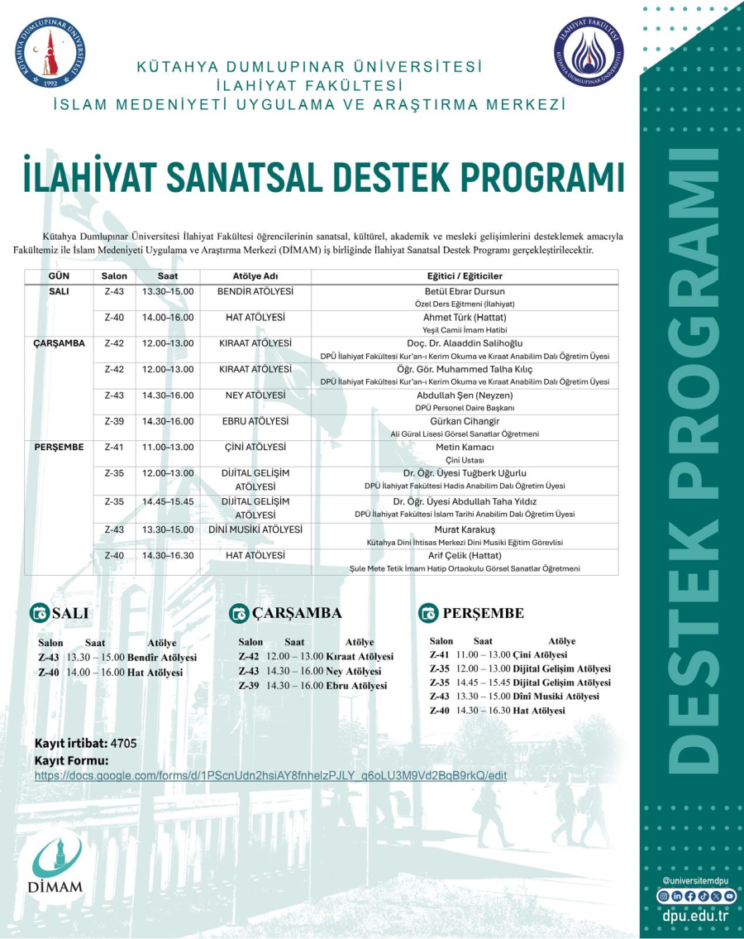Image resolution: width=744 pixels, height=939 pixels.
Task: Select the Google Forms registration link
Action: pos(270,776)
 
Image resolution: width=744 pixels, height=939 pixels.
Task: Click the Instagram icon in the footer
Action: pos(663,896)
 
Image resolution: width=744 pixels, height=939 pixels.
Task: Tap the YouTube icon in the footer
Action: pos(729,896)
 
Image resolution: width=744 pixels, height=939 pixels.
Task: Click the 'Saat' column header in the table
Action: pos(168,275)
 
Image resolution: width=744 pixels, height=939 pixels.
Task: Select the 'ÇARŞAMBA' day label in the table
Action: pos(60,343)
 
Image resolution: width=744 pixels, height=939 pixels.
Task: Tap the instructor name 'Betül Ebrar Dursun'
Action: pos(464,291)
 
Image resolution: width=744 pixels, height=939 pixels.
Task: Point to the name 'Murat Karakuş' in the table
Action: pos(464,529)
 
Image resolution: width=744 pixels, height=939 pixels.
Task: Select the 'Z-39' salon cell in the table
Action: pos(114,421)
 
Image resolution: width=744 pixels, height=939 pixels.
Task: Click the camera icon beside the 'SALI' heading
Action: pos(39,613)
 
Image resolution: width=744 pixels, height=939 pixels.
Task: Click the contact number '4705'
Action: pos(123,743)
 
